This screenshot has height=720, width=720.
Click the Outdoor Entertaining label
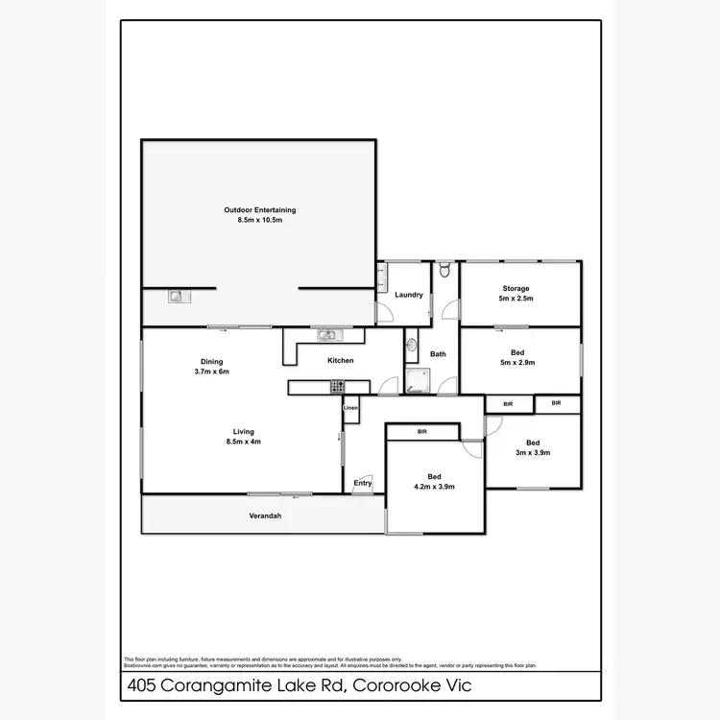[x=259, y=209]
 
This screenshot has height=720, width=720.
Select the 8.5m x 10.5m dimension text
[x=259, y=220]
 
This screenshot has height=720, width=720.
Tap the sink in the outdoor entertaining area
[x=178, y=297]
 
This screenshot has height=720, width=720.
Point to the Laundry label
[x=409, y=295]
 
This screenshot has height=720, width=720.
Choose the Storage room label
[x=516, y=288]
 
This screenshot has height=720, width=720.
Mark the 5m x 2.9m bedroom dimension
[x=516, y=363]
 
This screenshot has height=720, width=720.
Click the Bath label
[x=438, y=354]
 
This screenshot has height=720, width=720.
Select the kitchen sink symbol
[x=327, y=335]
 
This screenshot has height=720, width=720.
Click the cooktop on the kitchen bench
[x=337, y=387]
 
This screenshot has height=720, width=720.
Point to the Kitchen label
[x=341, y=360]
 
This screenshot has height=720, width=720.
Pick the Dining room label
[x=211, y=361]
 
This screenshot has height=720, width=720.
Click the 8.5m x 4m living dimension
[x=242, y=442]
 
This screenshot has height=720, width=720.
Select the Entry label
[x=363, y=483]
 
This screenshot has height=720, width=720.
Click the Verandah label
[x=265, y=516]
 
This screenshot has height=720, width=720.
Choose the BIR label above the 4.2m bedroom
[x=422, y=433]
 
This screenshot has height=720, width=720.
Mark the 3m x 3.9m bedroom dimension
[x=533, y=453]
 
